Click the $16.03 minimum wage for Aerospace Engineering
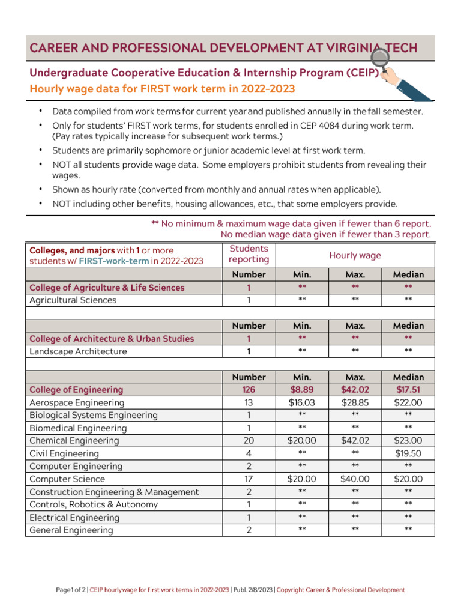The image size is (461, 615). coord(302,402)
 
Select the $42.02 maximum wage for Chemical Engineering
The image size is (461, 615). coord(355,440)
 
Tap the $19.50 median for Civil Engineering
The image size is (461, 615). coord(408,453)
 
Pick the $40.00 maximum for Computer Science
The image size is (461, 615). coord(355,479)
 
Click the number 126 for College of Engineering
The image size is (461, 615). coord(249,390)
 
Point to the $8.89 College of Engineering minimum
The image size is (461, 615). coord(302,390)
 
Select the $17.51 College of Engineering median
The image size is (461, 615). coord(408,390)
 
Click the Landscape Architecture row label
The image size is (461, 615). coord(78,351)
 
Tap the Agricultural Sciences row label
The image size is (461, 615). coord(73,300)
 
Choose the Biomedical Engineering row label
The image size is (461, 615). coord(78,428)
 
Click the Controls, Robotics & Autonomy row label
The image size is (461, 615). coord(94,504)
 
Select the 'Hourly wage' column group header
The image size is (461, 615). coord(355,255)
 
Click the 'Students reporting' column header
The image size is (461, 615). coord(249,254)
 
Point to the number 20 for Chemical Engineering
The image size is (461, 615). coord(249,441)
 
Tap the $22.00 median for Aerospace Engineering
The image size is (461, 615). coord(408,402)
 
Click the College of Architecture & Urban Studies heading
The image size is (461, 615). coord(112,339)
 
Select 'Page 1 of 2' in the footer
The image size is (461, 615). coord(71,590)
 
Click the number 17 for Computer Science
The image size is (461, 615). coord(249,479)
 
